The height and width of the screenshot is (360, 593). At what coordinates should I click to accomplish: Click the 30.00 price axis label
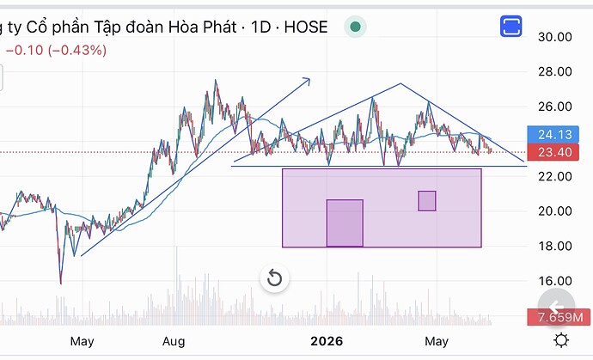(x=555, y=37)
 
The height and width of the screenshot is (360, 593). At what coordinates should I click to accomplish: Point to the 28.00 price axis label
(x=555, y=71)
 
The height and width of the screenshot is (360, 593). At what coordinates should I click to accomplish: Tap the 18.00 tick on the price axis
(x=555, y=247)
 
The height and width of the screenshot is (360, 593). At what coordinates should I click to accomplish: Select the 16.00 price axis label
(x=555, y=281)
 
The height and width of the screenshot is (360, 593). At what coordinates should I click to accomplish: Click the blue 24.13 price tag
(x=553, y=134)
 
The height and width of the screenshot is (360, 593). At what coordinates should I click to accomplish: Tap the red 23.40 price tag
(x=553, y=152)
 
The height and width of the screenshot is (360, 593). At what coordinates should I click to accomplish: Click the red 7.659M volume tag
(x=559, y=317)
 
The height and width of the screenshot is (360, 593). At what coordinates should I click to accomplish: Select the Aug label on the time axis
(x=174, y=341)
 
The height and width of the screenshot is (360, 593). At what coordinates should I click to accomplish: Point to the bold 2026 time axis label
(x=327, y=341)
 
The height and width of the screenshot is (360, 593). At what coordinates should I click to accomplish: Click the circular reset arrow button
(x=274, y=278)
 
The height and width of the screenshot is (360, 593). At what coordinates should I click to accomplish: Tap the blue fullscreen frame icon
(x=511, y=26)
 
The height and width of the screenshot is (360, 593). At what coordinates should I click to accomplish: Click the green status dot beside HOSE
(x=355, y=27)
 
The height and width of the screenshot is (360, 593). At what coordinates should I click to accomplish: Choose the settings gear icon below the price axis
(x=561, y=340)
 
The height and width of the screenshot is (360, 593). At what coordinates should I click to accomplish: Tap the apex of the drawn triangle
(x=400, y=83)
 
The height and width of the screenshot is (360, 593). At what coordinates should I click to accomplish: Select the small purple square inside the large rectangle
(x=427, y=201)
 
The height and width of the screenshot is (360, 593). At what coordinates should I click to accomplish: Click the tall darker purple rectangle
(x=345, y=223)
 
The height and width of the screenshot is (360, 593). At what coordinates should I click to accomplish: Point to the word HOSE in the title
(x=306, y=27)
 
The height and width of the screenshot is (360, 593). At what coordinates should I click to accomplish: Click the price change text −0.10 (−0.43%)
(x=57, y=51)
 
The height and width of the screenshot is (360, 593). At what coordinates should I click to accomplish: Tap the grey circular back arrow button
(x=556, y=307)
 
